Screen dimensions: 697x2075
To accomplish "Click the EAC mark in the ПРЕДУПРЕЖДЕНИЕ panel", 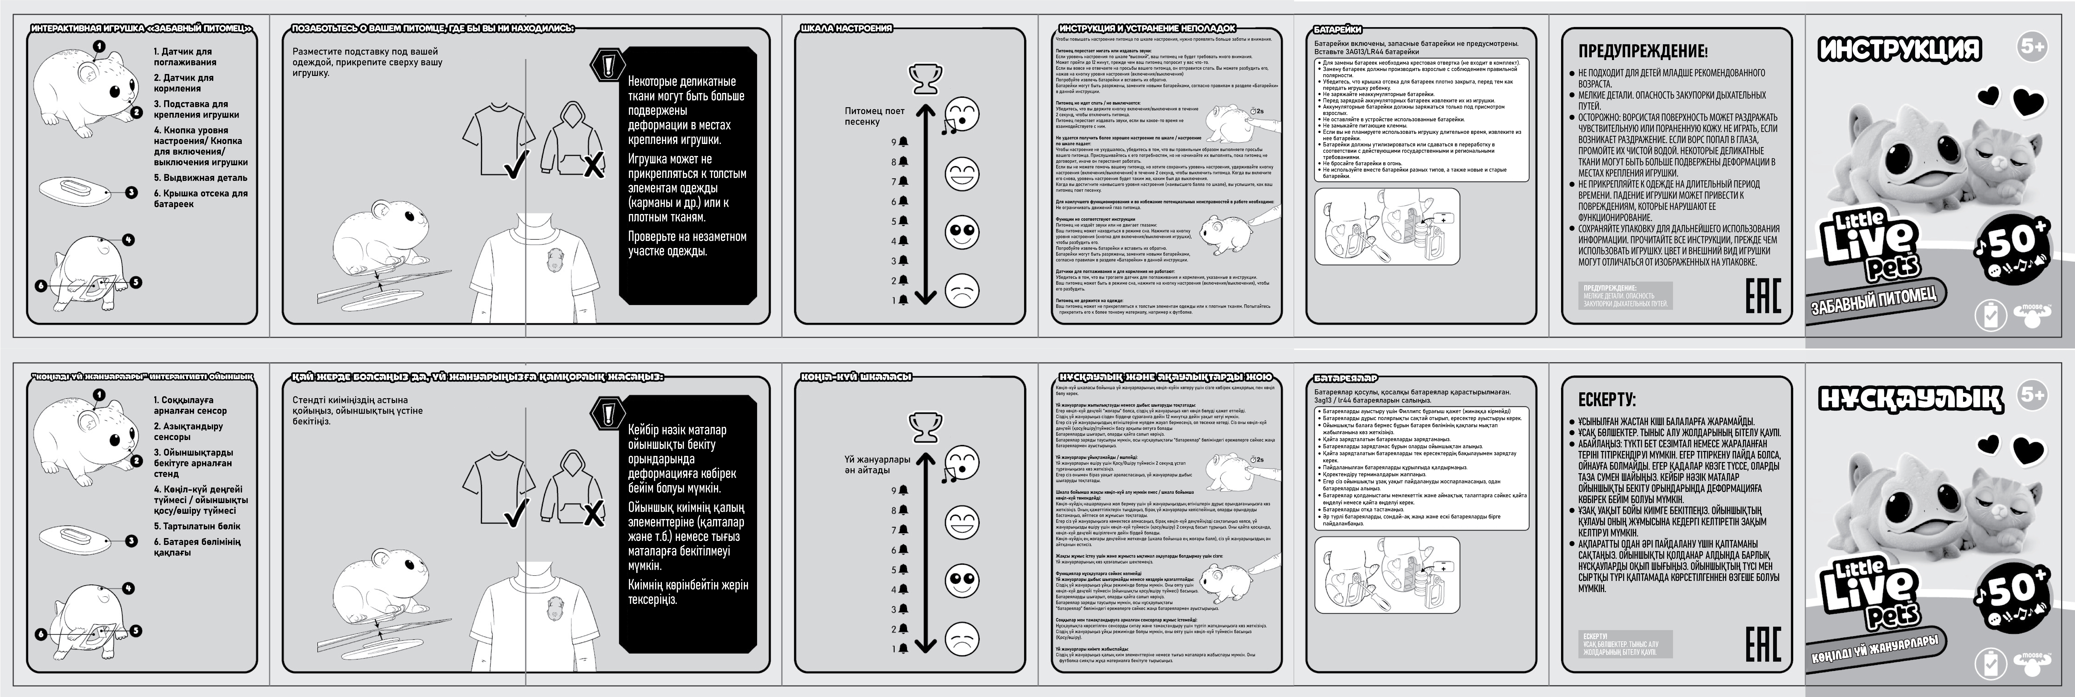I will [x=1762, y=296].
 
